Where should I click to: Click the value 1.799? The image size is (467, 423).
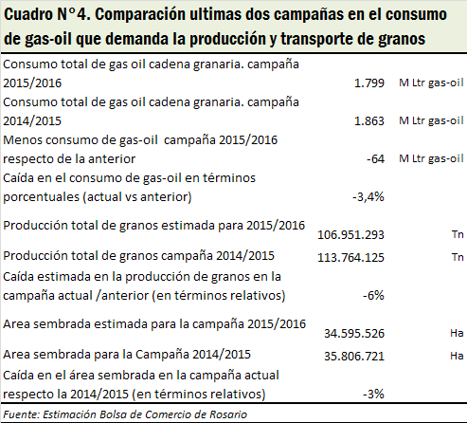[x=369, y=83]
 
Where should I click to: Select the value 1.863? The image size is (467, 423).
[x=369, y=121]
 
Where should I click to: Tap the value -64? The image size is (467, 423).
[x=375, y=158]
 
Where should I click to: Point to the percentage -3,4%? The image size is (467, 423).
[x=368, y=197]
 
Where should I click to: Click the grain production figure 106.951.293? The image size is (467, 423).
[x=350, y=235]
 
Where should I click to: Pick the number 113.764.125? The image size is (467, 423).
[x=350, y=258]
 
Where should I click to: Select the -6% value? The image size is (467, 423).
[x=373, y=296]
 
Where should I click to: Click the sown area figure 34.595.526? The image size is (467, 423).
[x=354, y=334]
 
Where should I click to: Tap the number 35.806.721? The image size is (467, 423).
[x=354, y=357]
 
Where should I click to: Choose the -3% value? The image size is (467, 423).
[x=373, y=395]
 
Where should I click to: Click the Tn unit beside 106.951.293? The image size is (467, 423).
[x=458, y=234]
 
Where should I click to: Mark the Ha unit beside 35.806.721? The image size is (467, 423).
[x=457, y=356]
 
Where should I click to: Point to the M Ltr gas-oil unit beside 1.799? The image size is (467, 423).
[x=431, y=83]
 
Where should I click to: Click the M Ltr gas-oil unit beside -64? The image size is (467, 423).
[x=431, y=158]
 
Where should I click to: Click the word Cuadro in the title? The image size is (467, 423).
[x=28, y=14]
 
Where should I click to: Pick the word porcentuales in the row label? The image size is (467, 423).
[x=41, y=197]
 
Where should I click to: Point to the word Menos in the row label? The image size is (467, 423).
[x=23, y=140]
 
